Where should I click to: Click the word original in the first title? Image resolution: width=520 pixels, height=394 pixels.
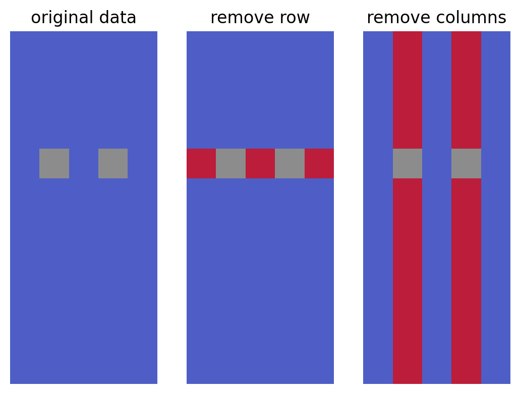coord(62,18)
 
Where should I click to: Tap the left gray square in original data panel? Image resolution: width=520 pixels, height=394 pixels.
coord(54,163)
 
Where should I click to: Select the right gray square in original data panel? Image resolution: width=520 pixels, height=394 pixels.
coord(113,163)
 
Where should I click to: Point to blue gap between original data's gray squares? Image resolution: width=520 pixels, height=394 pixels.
coord(84,163)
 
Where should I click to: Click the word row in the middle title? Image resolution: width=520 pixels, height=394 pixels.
coord(295,18)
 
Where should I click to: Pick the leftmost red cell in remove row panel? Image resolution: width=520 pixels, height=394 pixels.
coord(201,163)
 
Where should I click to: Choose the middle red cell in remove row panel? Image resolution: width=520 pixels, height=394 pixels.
coord(260,163)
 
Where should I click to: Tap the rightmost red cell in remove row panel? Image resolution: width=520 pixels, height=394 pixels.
coord(319,163)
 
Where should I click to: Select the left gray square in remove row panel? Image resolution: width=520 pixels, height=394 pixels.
coord(230,163)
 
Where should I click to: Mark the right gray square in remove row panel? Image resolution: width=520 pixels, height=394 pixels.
coord(290,163)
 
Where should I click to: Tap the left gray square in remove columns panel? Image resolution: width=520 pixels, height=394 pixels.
coord(408,163)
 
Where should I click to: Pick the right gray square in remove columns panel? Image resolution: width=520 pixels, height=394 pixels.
coord(466,163)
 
